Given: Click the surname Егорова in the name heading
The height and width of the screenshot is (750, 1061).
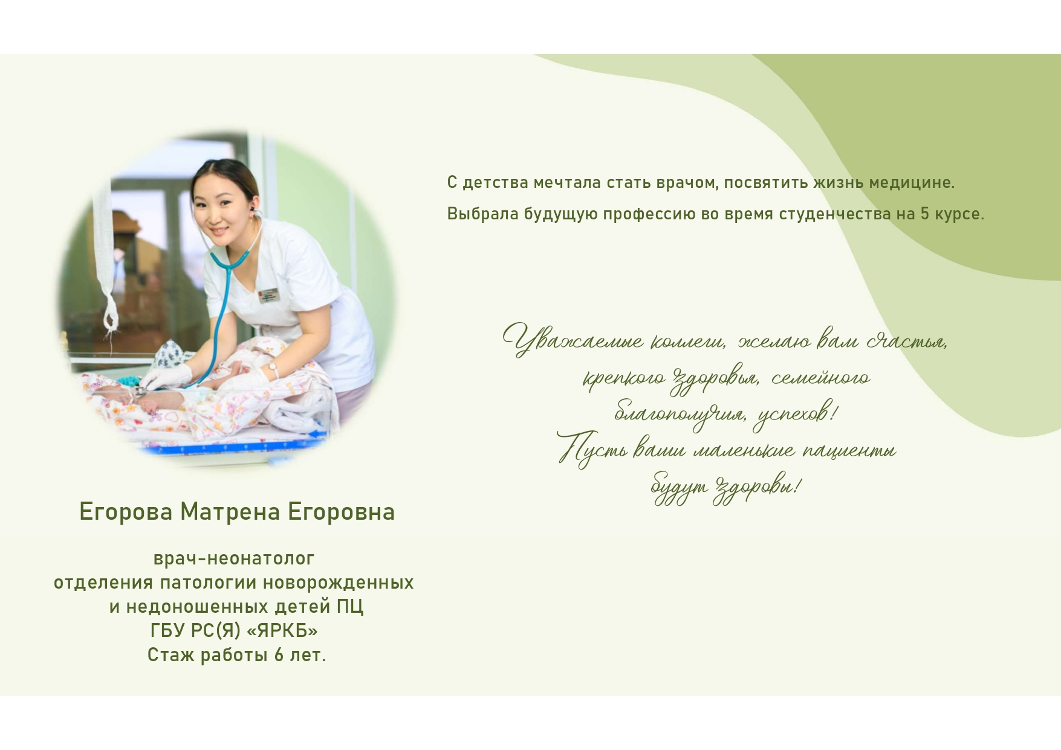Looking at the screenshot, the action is coord(126,512).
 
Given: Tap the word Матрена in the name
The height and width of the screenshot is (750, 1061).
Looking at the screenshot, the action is coord(230,512).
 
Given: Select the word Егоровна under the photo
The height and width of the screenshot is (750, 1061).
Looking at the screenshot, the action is coord(341,512).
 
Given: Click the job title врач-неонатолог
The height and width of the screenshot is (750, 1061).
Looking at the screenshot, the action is coord(234,558).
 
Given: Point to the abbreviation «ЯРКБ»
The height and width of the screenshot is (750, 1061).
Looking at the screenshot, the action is coord(282,631).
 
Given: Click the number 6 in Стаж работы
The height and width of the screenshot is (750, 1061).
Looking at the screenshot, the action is coord(279,655).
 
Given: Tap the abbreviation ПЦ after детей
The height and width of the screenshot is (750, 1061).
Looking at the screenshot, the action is coord(350,607).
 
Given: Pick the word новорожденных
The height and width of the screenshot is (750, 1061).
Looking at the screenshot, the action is coord(339,583).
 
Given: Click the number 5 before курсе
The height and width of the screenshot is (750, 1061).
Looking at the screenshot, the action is coord(925,214).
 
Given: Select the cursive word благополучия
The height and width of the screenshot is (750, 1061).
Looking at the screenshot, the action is coord(680,414).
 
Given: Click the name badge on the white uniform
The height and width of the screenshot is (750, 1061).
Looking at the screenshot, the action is coord(267,295).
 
